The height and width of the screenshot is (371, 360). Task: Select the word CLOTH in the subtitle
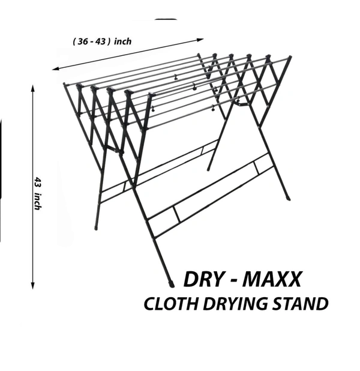(x=170, y=304)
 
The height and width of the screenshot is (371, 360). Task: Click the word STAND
(x=303, y=304)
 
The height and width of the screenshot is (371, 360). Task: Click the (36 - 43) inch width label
(x=102, y=41)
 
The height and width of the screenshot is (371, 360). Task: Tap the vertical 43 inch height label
(x=38, y=193)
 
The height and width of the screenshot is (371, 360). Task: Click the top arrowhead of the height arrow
(x=32, y=87)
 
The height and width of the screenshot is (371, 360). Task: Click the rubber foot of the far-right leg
(x=290, y=196)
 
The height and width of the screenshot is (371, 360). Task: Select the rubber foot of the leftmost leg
(x=96, y=228)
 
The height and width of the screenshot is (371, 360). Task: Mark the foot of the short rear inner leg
(x=209, y=167)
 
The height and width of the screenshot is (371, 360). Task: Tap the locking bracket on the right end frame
(x=243, y=104)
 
